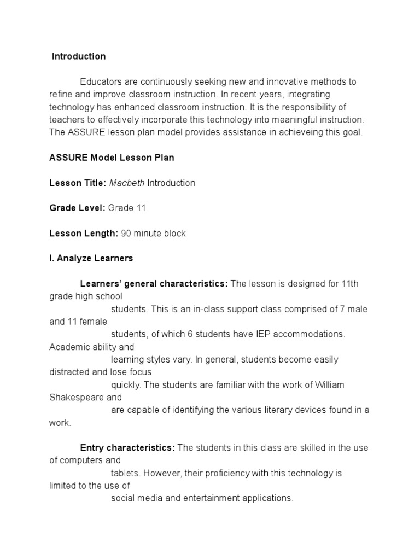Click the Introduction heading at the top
tap(79, 56)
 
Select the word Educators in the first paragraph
tap(101, 82)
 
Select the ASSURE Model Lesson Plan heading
tap(112, 157)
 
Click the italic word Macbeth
tap(127, 183)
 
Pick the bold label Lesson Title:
tap(78, 183)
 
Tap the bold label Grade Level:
tap(78, 208)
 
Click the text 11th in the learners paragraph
tap(351, 284)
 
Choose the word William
tap(329, 385)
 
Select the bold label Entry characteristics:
tap(127, 448)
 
